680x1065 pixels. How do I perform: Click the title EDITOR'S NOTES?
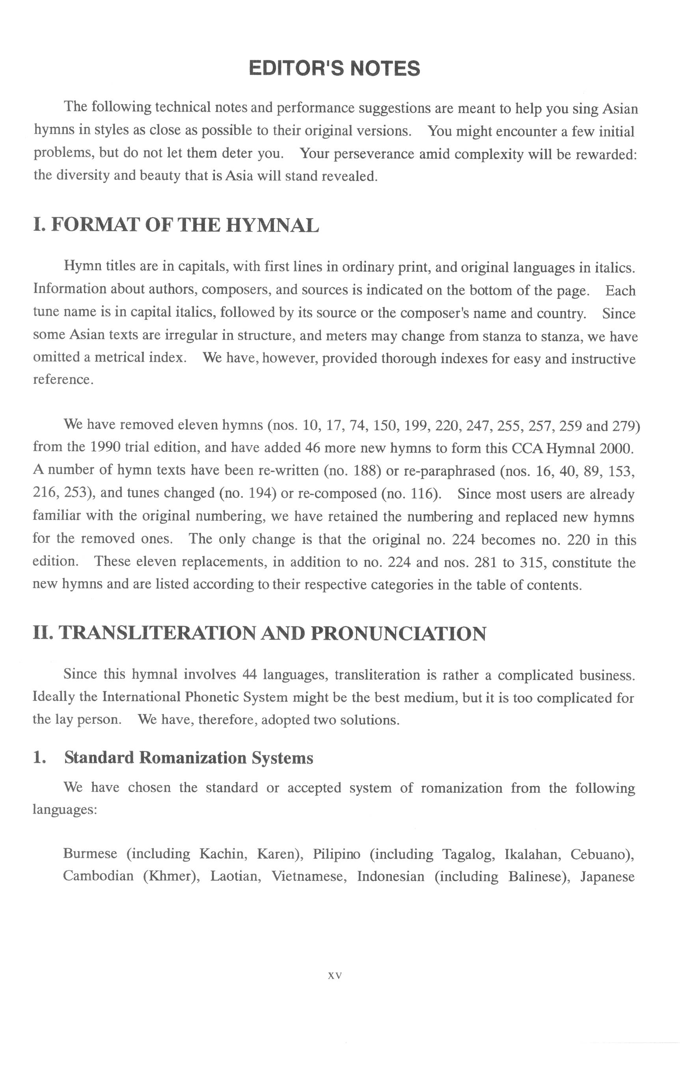pos(334,69)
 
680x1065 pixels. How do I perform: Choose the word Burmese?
pos(90,853)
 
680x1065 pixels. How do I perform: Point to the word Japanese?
pos(607,876)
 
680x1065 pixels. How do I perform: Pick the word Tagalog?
pos(469,854)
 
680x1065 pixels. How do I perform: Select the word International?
pos(141,697)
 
